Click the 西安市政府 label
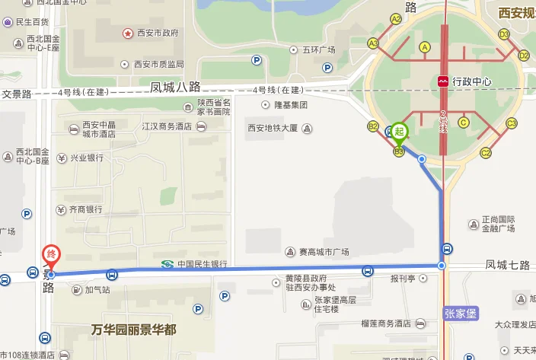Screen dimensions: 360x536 [x=157, y=33]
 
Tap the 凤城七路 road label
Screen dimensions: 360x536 [x=507, y=265]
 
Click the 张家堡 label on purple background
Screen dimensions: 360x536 [x=459, y=312]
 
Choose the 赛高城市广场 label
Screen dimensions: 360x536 [x=323, y=252]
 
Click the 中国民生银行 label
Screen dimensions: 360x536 [x=202, y=264]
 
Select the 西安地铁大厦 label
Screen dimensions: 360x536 [x=272, y=129]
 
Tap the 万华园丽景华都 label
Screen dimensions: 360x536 [x=133, y=330]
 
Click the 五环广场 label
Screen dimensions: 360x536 [x=318, y=49]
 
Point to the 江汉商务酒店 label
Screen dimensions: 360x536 [x=168, y=127]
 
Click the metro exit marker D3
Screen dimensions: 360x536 [x=504, y=34]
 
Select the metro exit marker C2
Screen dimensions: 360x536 [x=486, y=153]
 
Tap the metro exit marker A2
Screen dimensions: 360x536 [x=396, y=19]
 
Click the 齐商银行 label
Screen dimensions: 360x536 [x=85, y=209]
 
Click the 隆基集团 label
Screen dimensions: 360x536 [x=290, y=105]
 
